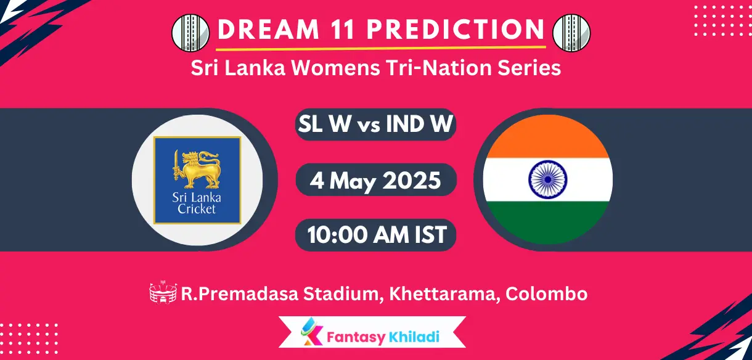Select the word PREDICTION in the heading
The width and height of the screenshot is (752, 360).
(x=457, y=30)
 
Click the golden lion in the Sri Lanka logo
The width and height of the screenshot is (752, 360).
(x=197, y=168)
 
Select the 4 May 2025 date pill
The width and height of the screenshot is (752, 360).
(x=376, y=181)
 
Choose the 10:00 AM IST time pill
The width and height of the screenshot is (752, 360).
(x=376, y=235)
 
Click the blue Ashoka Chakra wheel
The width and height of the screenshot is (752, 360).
(x=547, y=179)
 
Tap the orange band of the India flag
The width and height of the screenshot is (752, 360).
(x=547, y=139)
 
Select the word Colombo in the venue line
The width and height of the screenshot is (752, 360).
(x=546, y=294)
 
